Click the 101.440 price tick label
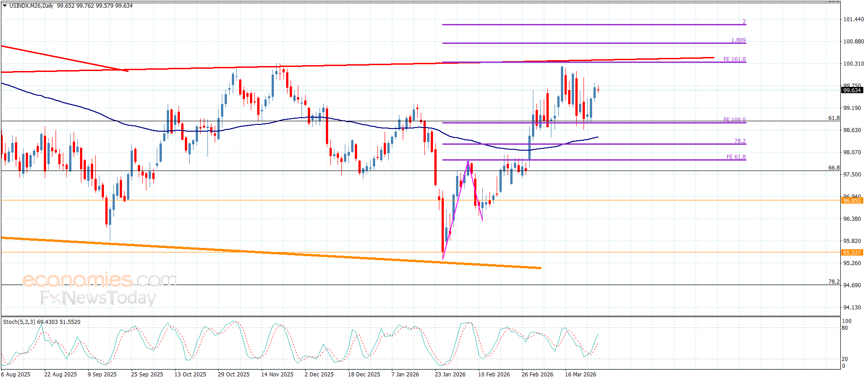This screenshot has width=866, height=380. click(x=853, y=19)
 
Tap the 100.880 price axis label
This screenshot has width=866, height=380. click(x=853, y=42)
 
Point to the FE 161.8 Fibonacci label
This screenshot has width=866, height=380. click(x=734, y=59)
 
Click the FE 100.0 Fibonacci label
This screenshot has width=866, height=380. click(x=734, y=120)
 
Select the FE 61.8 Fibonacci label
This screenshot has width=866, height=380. click(x=736, y=157)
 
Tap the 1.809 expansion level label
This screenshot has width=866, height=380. click(x=739, y=40)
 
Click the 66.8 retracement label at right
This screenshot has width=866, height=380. click(x=834, y=168)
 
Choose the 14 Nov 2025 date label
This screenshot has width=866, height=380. click(x=277, y=374)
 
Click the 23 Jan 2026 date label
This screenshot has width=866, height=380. click(x=450, y=374)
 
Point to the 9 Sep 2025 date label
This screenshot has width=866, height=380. click(x=102, y=374)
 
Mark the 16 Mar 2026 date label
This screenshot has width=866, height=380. click(x=580, y=374)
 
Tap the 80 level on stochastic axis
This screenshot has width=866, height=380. click(x=844, y=328)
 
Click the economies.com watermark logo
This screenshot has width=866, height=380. click(x=99, y=280)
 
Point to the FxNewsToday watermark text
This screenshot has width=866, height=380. click(x=98, y=298)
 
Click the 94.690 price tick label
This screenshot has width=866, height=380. click(x=853, y=285)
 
